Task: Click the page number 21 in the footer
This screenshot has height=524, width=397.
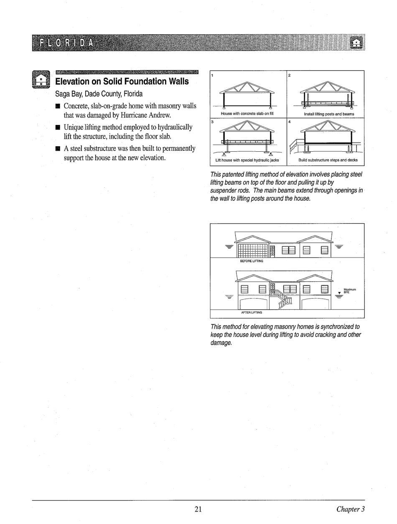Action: pos(198,509)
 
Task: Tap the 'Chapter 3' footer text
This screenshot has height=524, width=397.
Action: pos(351,509)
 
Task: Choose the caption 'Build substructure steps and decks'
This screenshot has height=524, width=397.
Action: pos(326,160)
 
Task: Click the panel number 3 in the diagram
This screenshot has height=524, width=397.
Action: pos(212,122)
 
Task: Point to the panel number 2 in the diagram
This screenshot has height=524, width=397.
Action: pos(290,76)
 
